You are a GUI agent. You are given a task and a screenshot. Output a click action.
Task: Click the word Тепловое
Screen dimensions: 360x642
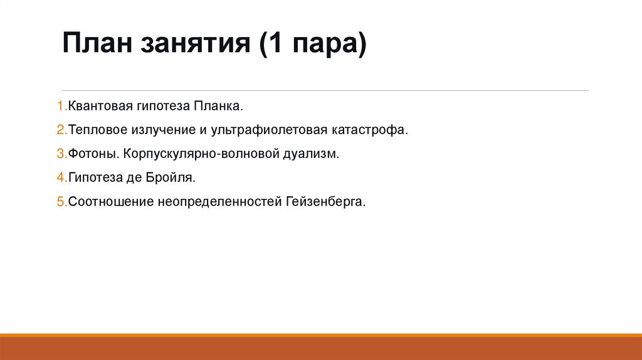(96, 130)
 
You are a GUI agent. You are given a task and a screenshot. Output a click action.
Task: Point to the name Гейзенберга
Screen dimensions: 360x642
(325, 202)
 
